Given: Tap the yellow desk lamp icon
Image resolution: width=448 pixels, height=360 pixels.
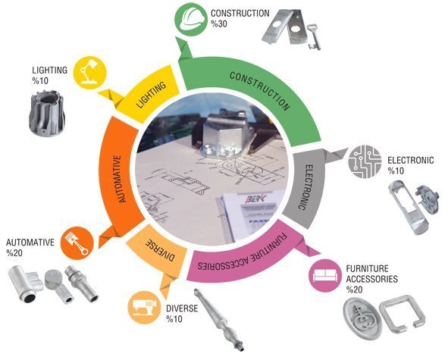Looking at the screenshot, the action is pyautogui.click(x=89, y=73).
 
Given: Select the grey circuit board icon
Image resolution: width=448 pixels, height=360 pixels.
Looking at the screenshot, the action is pyautogui.click(x=365, y=161).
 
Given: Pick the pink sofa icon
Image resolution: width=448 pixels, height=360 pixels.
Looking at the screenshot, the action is pyautogui.click(x=325, y=275).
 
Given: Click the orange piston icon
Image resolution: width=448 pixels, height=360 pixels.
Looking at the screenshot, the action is pyautogui.click(x=77, y=243).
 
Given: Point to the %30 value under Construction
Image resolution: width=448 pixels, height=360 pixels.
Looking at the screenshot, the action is pyautogui.click(x=219, y=24).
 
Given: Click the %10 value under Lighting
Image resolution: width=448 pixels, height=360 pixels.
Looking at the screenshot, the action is pyautogui.click(x=40, y=81).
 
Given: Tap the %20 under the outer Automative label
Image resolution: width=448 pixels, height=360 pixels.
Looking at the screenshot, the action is pyautogui.click(x=14, y=253).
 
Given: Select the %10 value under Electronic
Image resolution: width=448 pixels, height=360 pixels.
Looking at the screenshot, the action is pyautogui.click(x=396, y=171).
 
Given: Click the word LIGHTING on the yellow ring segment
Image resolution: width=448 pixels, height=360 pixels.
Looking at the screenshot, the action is pyautogui.click(x=151, y=95).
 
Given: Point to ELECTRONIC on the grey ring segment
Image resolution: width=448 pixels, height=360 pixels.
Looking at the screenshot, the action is pyautogui.click(x=306, y=187).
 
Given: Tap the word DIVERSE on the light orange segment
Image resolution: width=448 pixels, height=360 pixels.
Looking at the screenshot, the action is pyautogui.click(x=160, y=250).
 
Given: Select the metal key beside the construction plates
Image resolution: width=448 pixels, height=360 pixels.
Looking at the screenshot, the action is pyautogui.click(x=314, y=37).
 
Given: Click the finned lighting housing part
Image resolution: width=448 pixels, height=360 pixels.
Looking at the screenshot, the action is pyautogui.click(x=47, y=113).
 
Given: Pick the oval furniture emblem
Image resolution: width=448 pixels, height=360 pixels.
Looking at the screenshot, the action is pyautogui.click(x=362, y=318).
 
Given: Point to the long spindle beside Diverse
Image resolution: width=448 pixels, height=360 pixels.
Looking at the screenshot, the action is pyautogui.click(x=219, y=320).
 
